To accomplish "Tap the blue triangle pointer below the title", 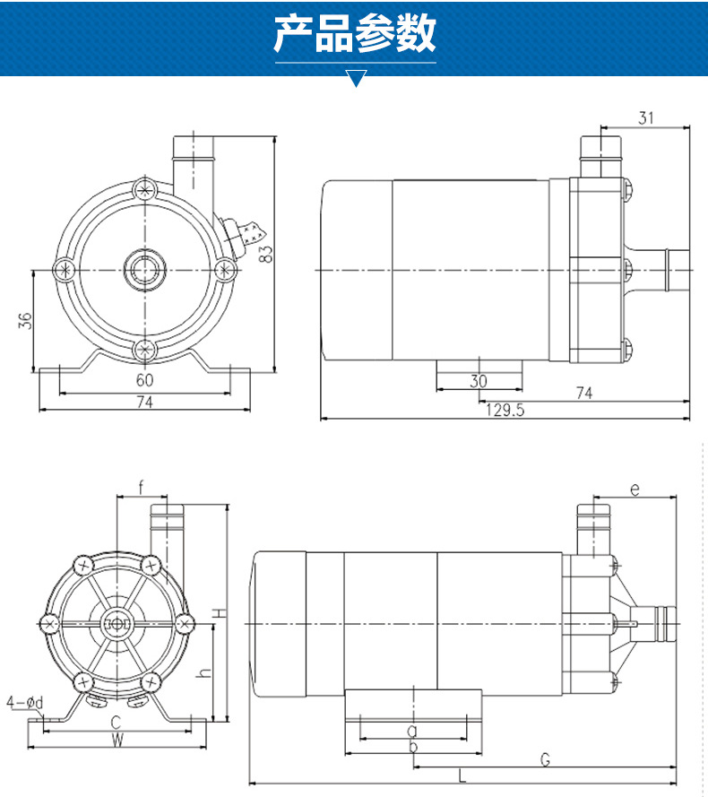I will pyautogui.click(x=356, y=78).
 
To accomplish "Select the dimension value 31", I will pyautogui.click(x=646, y=117).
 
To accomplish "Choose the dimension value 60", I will pyautogui.click(x=143, y=380).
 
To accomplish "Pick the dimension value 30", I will pyautogui.click(x=479, y=380).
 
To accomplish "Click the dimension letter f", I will pyautogui.click(x=141, y=488).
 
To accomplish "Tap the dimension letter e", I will pyautogui.click(x=634, y=489).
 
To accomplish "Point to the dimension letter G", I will pyautogui.click(x=545, y=760).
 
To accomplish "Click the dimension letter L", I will pyautogui.click(x=462, y=775).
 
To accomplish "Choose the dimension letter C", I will pyautogui.click(x=116, y=722).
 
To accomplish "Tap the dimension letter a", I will pyautogui.click(x=412, y=730).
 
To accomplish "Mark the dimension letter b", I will pyautogui.click(x=412, y=746).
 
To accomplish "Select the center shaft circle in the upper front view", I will pyautogui.click(x=143, y=268).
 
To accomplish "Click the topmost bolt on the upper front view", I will pyautogui.click(x=143, y=189).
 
